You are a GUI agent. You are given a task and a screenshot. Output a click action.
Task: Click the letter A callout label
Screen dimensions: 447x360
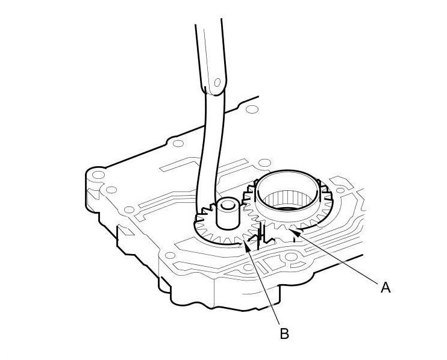click(x=386, y=287)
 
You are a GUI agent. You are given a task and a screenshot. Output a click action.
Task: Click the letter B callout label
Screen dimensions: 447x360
click(x=284, y=334)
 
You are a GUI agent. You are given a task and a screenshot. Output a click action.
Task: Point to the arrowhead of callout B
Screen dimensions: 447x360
click(x=247, y=246)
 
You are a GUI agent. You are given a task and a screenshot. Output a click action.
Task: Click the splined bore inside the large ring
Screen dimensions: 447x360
click(x=288, y=199)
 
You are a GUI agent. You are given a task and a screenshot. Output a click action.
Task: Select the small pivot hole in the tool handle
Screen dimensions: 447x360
click(x=217, y=82)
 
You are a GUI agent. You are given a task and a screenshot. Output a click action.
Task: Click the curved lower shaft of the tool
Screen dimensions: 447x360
click(x=210, y=154)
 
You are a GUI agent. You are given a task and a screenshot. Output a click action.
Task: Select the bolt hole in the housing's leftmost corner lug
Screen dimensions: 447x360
click(x=98, y=175)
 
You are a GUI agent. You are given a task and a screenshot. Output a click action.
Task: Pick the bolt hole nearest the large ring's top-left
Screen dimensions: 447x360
click(x=264, y=163)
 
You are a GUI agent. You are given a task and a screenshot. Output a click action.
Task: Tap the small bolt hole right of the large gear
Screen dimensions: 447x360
click(x=340, y=190)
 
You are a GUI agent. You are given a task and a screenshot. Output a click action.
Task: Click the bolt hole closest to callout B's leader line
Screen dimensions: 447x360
click(x=248, y=267)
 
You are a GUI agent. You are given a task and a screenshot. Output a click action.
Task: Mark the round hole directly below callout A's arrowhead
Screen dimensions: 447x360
click(x=291, y=256)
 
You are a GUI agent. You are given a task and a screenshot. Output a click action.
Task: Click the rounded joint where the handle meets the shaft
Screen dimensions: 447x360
click(x=214, y=90)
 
